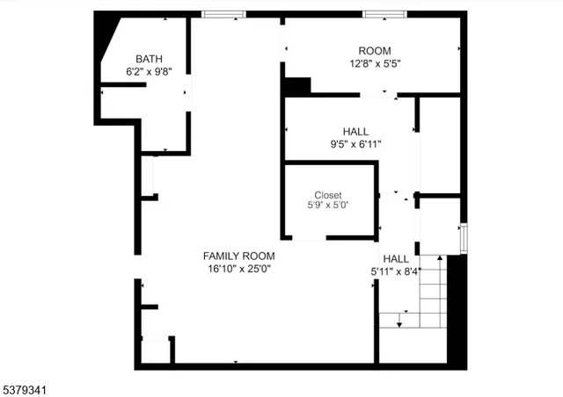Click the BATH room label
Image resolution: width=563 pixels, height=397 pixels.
[x=149, y=59]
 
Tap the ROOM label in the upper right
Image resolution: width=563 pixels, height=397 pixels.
[x=375, y=51]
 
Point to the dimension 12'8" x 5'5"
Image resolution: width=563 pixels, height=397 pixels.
[x=375, y=63]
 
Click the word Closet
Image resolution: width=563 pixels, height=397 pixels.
[x=328, y=195]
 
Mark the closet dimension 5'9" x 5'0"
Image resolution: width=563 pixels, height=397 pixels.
[x=328, y=206]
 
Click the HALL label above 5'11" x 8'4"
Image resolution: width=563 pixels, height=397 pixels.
[x=396, y=259]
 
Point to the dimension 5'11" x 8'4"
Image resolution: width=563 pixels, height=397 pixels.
[x=396, y=271]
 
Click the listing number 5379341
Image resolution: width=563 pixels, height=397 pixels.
[x=26, y=386]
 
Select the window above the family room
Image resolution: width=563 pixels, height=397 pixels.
[x=223, y=14]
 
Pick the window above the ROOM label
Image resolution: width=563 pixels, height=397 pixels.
[x=384, y=14]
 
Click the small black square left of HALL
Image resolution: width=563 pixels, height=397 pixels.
[x=296, y=86]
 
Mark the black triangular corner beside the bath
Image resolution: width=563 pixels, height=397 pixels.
[x=107, y=40]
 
